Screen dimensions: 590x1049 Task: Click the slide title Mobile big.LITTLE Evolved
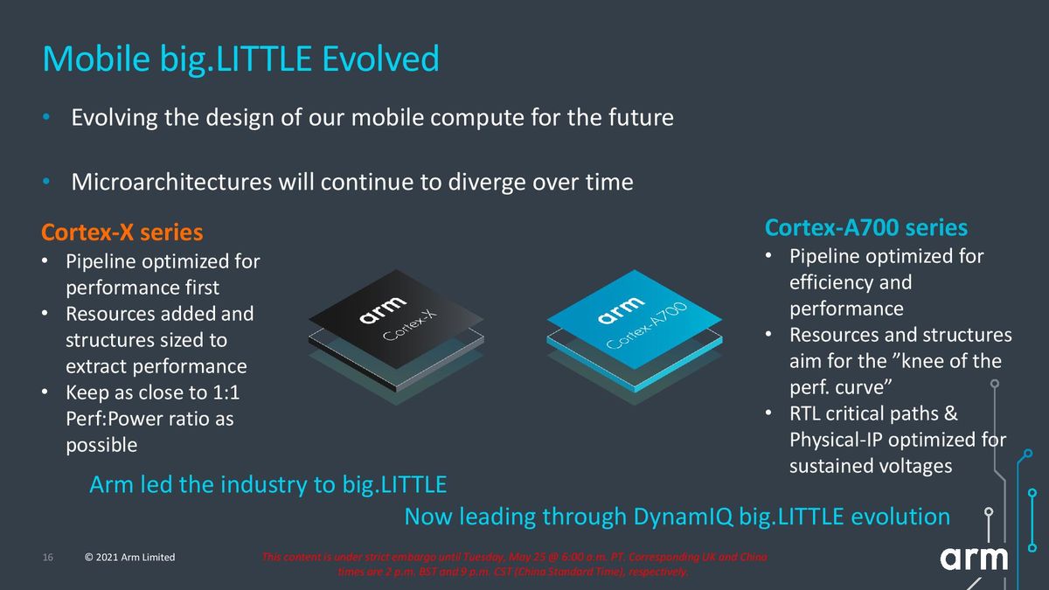point(240,59)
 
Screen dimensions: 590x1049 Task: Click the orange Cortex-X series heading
point(122,233)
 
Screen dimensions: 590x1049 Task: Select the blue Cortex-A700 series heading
point(865,228)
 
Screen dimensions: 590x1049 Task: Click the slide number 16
point(48,558)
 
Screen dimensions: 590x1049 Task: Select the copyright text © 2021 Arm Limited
point(129,558)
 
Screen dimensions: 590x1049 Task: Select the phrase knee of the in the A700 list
point(935,361)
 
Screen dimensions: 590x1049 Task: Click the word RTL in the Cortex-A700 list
point(808,413)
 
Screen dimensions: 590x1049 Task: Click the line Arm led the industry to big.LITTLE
point(268,484)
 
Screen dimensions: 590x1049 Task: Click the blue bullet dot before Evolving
point(49,117)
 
